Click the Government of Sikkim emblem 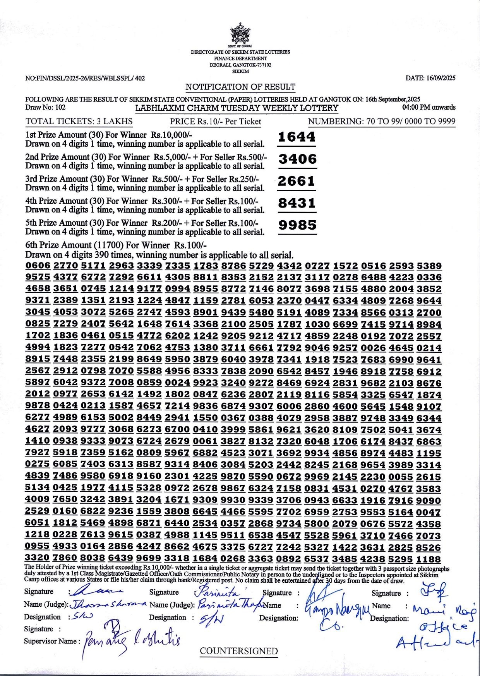[x=240, y=34]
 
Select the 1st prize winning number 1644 [x=297, y=137]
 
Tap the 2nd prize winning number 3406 [x=297, y=159]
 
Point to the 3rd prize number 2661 [x=297, y=181]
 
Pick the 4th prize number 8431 [x=297, y=203]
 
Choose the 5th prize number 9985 [x=297, y=225]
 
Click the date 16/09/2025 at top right [x=430, y=78]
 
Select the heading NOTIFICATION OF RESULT [x=240, y=87]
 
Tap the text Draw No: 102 [x=45, y=107]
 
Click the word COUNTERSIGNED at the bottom [x=238, y=651]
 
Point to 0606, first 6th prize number [x=38, y=266]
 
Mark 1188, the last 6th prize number [x=429, y=559]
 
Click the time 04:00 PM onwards [x=429, y=107]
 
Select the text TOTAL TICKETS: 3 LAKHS [x=79, y=122]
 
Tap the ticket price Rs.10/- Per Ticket [x=216, y=122]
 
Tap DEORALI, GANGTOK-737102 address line [x=240, y=65]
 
